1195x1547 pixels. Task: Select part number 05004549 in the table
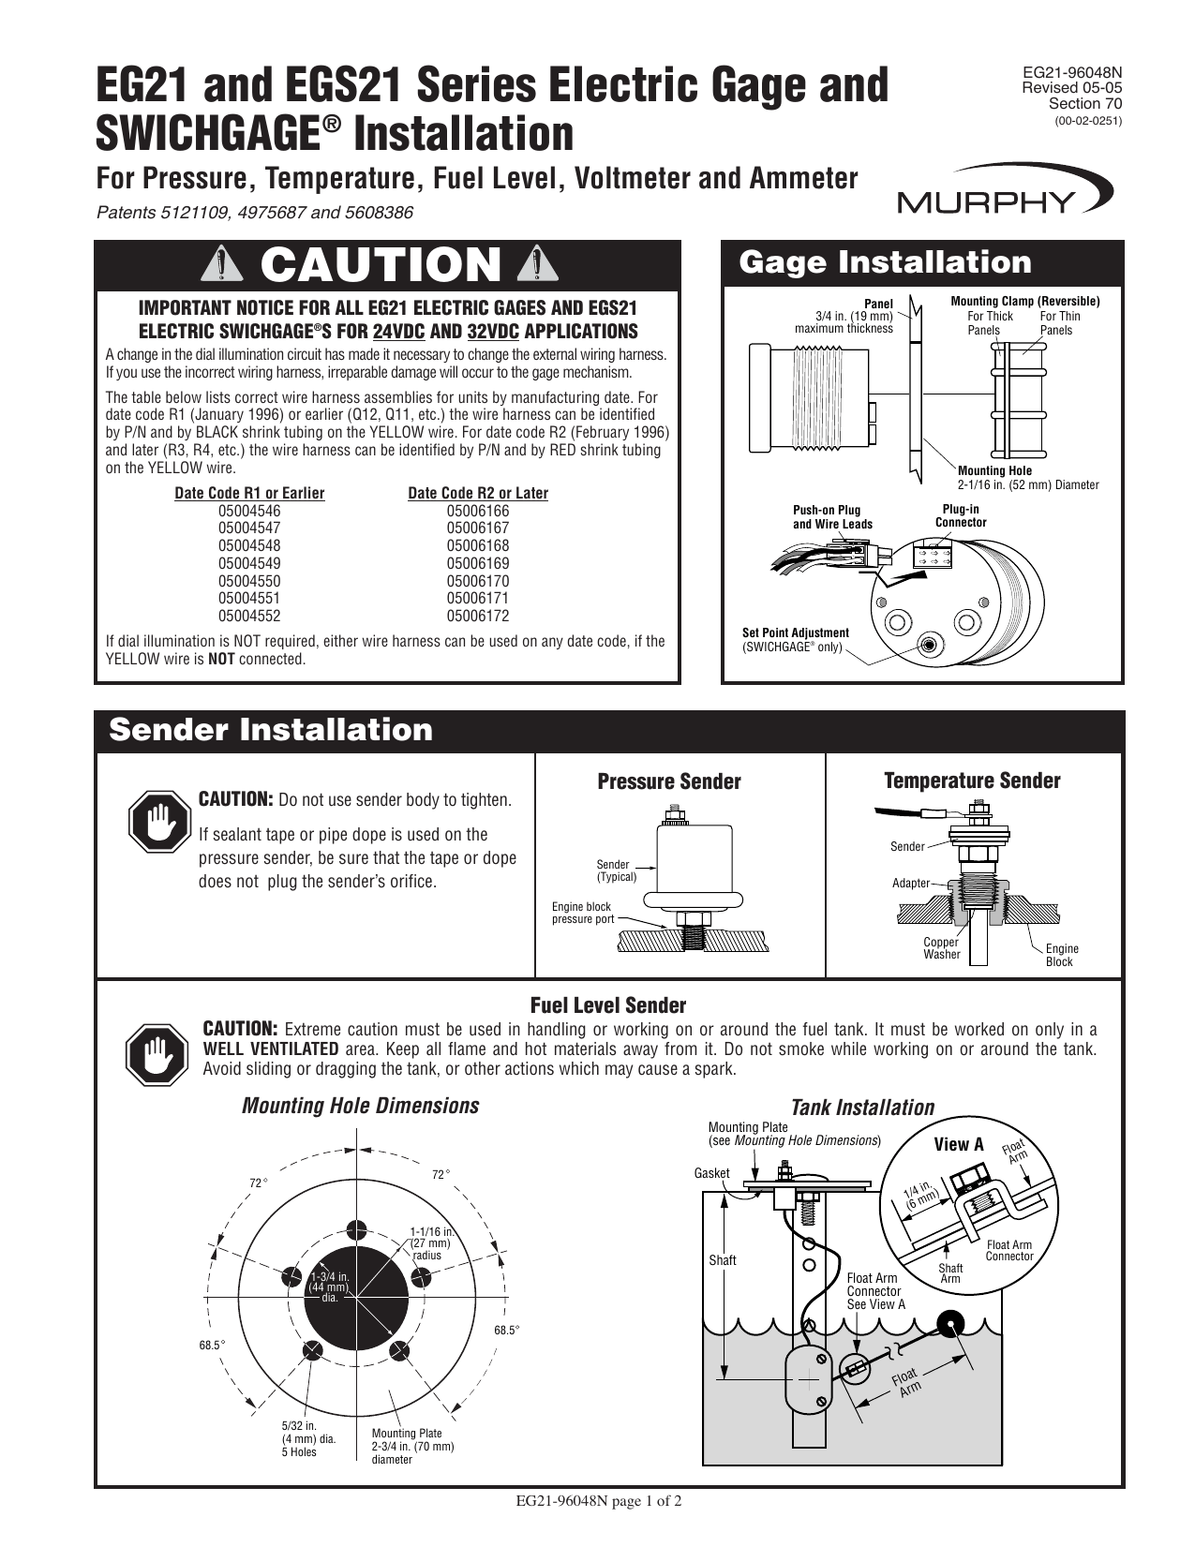click(x=249, y=563)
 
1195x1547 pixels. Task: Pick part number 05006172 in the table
click(x=478, y=616)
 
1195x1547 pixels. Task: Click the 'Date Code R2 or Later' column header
click(x=478, y=493)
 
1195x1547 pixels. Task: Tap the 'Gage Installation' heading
click(x=885, y=263)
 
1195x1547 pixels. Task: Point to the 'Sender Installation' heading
click(x=271, y=730)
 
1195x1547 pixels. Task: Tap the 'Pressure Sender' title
click(x=669, y=781)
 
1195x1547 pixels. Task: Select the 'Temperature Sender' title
click(x=972, y=781)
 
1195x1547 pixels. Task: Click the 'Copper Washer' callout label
click(x=941, y=948)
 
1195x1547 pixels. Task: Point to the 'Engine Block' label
click(x=1061, y=955)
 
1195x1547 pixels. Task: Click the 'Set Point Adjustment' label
click(x=795, y=633)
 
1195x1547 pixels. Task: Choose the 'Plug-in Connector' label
click(x=961, y=515)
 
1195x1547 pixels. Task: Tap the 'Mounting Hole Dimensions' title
click(x=360, y=1106)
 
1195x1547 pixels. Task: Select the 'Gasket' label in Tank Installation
click(x=711, y=1173)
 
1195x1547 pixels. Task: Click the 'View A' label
click(x=959, y=1144)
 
